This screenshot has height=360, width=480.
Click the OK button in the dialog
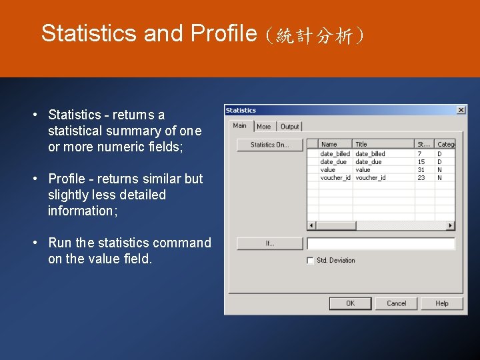pos(350,303)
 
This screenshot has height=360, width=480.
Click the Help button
pos(441,303)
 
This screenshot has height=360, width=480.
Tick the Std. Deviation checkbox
pos(310,261)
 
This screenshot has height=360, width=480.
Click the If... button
pos(269,243)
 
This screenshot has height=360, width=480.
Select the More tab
pos(264,127)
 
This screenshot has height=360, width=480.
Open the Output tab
pos(289,127)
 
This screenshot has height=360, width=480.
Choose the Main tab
pos(240,125)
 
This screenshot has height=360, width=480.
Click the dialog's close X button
pos(461,110)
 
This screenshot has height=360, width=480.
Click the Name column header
pos(329,144)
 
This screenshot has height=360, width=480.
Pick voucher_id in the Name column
pos(335,178)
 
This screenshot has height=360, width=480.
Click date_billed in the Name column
pos(335,154)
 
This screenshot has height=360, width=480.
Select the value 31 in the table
pos(421,170)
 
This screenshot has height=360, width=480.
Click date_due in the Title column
pos(369,162)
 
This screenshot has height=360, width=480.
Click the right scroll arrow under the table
pos(451,226)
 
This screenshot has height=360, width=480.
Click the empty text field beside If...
pos(381,243)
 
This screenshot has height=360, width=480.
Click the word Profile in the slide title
pos(223,33)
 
